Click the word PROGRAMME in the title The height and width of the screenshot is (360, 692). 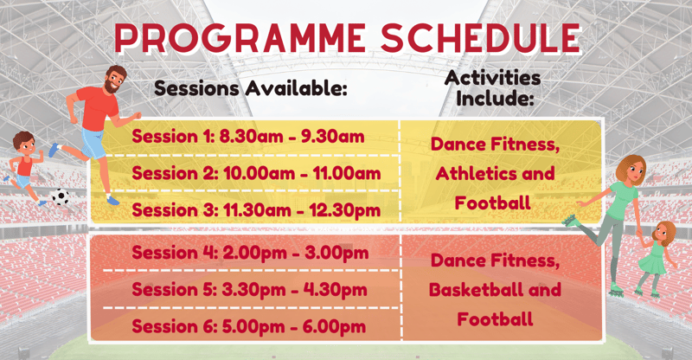240,37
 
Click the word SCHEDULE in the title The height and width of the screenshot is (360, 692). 480,37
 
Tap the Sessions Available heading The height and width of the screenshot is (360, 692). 251,88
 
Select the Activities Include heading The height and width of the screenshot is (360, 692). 493,88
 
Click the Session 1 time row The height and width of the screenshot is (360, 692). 248,137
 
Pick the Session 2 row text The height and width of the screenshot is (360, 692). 256,173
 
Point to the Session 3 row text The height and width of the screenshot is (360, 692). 256,210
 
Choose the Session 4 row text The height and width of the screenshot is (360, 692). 250,253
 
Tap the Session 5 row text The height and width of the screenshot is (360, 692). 249,290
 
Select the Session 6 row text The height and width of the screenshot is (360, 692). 249,327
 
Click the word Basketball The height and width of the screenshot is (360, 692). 477,290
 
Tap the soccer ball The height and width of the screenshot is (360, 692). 61,196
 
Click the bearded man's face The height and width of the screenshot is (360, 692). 114,80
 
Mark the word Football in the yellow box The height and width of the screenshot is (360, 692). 492,203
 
